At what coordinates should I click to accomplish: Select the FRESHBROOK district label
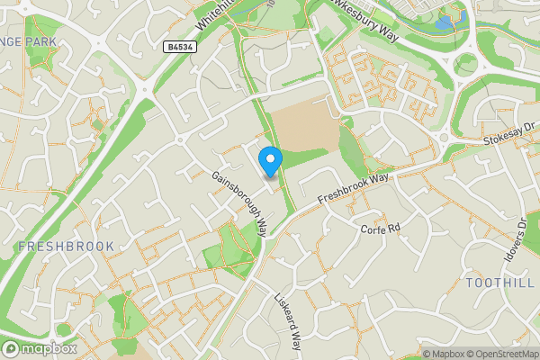click(66, 246)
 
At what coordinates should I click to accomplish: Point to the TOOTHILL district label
click(494, 283)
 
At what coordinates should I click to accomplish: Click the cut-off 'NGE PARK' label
click(29, 41)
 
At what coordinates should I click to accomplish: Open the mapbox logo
click(40, 348)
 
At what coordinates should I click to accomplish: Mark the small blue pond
click(443, 22)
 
